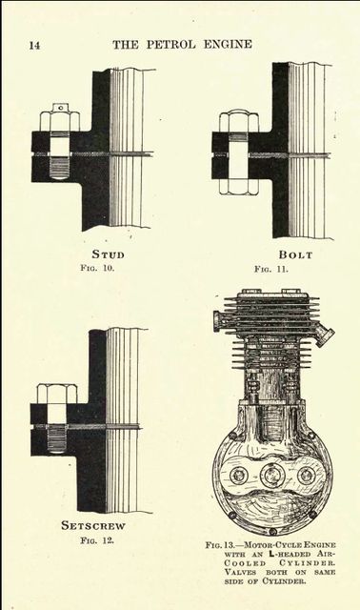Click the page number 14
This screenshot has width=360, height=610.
coord(34,46)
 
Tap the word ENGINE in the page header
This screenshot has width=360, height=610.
coord(228,45)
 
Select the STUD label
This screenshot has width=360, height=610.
coord(108,254)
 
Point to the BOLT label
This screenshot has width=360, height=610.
coord(295,254)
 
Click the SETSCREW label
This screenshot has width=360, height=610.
coord(93,525)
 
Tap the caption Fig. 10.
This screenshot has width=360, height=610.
coord(97,268)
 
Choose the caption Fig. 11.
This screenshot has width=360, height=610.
coord(271,269)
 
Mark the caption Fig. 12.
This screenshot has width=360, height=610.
coord(97,540)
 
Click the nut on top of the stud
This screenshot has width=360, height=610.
coord(60,121)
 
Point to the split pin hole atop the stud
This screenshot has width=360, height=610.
coord(60,105)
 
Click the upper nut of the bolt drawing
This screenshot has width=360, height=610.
coord(238,122)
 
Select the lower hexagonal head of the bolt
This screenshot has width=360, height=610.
coord(238,187)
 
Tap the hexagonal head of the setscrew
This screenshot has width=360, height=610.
coord(57,394)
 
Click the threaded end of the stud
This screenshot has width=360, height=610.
coord(60,168)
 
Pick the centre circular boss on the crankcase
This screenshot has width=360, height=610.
coord(270,476)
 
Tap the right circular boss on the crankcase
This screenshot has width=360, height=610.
coord(307,476)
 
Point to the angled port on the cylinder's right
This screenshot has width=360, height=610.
coord(324,335)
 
